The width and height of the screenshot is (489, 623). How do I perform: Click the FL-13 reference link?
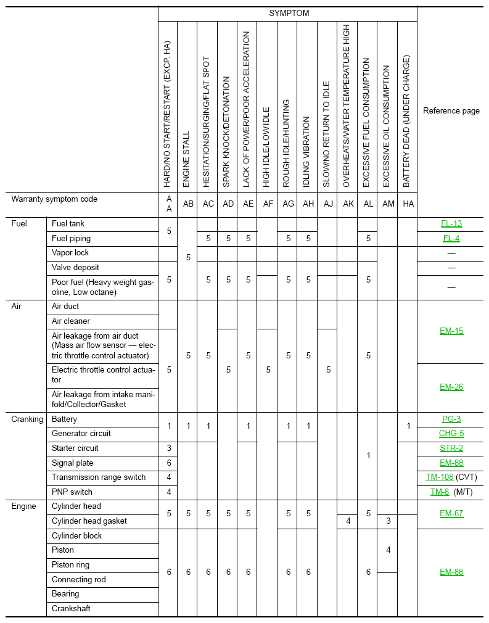[451, 224]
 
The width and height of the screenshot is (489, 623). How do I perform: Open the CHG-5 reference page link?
[451, 434]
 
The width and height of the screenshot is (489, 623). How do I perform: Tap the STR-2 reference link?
[451, 448]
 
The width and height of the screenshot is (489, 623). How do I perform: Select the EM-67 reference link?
[451, 514]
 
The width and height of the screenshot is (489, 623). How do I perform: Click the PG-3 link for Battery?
[451, 419]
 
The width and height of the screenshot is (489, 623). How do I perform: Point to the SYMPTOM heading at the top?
[289, 13]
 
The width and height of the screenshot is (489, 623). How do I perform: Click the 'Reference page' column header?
[451, 111]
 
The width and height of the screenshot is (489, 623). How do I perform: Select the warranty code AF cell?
[268, 204]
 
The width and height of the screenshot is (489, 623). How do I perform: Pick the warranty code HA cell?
[408, 204]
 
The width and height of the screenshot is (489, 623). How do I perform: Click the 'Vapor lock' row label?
[70, 253]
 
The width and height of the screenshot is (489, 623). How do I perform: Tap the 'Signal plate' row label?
[73, 463]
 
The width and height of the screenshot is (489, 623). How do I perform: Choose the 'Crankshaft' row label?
[71, 609]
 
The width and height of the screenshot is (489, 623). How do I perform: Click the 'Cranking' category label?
[27, 419]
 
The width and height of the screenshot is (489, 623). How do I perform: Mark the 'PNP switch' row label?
[72, 492]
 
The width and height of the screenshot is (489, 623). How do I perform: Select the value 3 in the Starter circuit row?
[169, 448]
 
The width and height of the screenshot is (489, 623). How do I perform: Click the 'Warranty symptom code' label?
[54, 199]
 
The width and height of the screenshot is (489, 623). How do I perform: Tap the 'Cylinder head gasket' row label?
[89, 521]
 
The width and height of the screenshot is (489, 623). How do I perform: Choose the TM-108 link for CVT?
[440, 477]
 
